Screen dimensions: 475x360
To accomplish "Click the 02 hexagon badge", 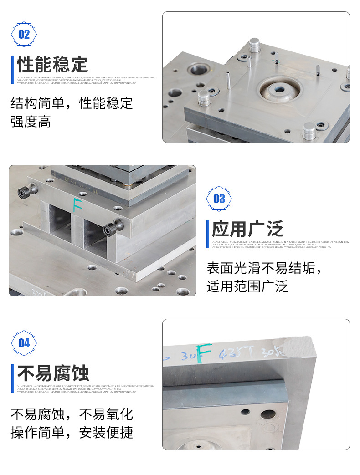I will pos(24,34).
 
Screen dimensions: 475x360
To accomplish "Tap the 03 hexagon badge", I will pos(219,199).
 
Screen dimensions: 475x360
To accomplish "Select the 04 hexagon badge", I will pos(24,343).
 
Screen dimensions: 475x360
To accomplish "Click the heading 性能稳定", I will pos(52,65).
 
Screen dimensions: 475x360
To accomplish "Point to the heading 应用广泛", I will pos(247,229).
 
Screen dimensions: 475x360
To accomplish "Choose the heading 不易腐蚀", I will pos(53,373).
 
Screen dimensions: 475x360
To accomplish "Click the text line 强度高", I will pos(31,122).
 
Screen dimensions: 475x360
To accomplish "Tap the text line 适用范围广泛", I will pos(247,286).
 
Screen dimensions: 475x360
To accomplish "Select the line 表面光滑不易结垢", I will pos(264,268).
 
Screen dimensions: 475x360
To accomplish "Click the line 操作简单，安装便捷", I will pos(72,432).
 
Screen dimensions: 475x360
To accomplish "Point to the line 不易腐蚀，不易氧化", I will pos(72,414).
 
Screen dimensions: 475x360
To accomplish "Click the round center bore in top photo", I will pos(279,88).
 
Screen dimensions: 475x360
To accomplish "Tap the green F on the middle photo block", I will pos(78,204).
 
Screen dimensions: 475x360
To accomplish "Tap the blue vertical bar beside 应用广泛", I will pos(208,229).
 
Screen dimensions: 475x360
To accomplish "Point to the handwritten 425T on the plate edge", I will pos(232,353).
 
